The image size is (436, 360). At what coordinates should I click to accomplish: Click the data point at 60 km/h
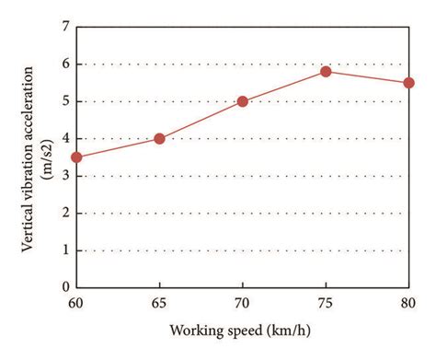pyautogui.click(x=76, y=157)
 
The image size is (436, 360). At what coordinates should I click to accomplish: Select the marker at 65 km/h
pyautogui.click(x=159, y=138)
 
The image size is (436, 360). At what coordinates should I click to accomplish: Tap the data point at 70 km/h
pyautogui.click(x=243, y=101)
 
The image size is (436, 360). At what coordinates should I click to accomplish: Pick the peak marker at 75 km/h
pyautogui.click(x=326, y=71)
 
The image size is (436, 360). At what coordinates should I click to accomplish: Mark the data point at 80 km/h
pyautogui.click(x=408, y=82)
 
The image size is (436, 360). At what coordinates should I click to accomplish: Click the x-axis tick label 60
pyautogui.click(x=76, y=302)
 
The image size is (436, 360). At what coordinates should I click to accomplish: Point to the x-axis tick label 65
pyautogui.click(x=159, y=302)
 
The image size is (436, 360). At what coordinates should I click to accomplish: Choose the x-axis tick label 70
pyautogui.click(x=243, y=302)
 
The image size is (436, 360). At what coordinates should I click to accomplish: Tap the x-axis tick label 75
pyautogui.click(x=326, y=302)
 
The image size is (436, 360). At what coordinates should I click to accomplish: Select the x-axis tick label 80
pyautogui.click(x=408, y=302)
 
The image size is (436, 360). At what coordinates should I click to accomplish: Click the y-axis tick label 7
pyautogui.click(x=65, y=28)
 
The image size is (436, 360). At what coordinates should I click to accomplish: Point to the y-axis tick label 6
pyautogui.click(x=65, y=64)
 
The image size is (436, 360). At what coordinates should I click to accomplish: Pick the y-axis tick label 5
pyautogui.click(x=65, y=101)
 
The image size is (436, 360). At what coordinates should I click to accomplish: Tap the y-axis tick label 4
pyautogui.click(x=65, y=138)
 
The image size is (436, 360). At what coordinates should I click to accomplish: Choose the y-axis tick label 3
pyautogui.click(x=65, y=176)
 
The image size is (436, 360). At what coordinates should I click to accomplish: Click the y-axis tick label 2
pyautogui.click(x=65, y=213)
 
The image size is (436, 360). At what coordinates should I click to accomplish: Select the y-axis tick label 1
pyautogui.click(x=65, y=250)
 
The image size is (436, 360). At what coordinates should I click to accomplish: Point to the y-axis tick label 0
pyautogui.click(x=65, y=286)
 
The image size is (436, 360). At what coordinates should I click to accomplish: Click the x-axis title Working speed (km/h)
pyautogui.click(x=243, y=330)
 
